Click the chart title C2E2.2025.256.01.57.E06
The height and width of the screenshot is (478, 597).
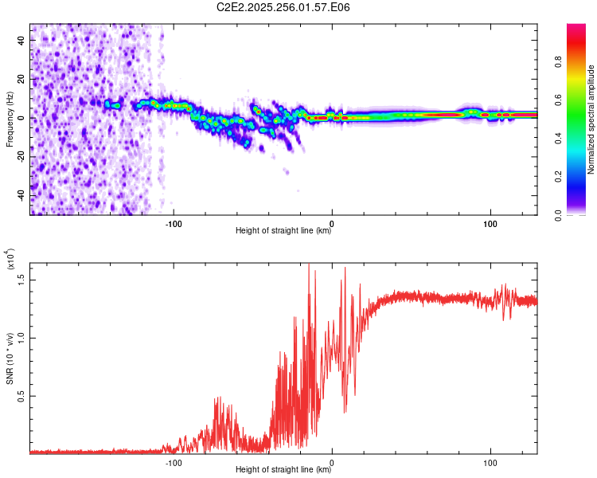pos(283,8)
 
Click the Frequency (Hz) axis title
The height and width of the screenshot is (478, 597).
pos(10,119)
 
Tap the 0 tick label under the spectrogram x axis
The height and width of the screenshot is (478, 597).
pos(332,223)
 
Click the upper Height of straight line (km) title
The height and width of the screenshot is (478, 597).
pos(283,232)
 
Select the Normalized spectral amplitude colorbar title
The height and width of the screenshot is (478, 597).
pos(591,119)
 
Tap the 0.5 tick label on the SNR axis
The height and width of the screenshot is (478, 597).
pos(21,395)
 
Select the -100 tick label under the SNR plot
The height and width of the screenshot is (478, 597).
pos(174,463)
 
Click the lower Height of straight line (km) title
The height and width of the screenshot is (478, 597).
pos(283,471)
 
